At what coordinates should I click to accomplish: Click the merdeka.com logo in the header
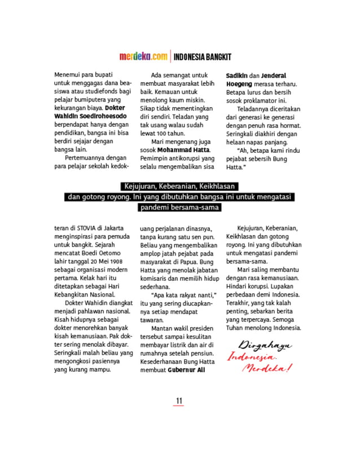143,56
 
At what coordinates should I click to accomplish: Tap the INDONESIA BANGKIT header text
202,57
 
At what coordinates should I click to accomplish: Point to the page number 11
179,400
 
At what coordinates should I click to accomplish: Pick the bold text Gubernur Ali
186,370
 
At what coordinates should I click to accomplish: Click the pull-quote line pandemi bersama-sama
179,208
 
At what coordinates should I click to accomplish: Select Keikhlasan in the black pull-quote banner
213,187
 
